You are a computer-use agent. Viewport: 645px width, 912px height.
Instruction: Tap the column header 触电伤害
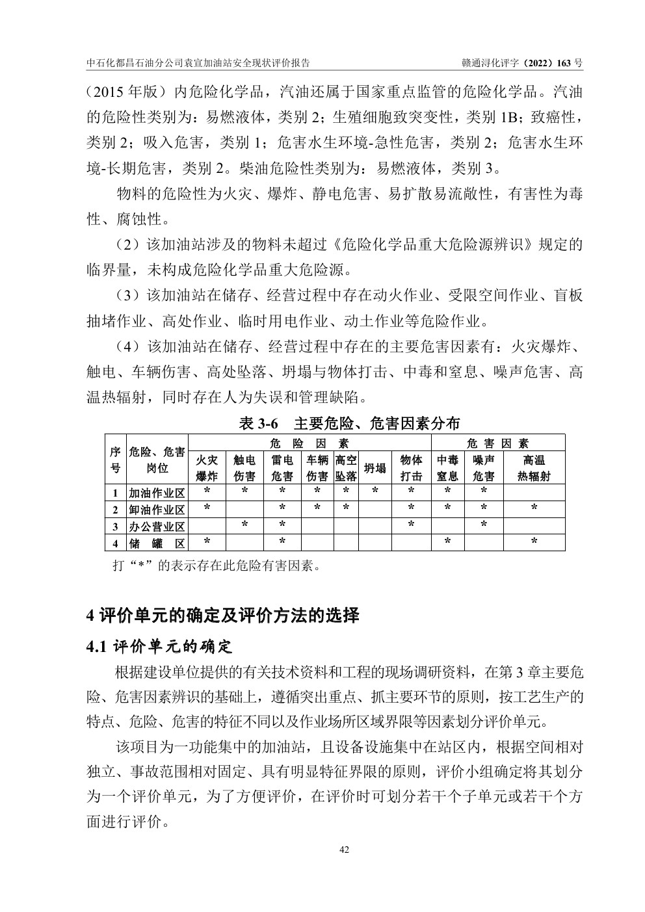tap(244, 468)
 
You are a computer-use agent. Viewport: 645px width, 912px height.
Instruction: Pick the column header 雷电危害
tap(282, 468)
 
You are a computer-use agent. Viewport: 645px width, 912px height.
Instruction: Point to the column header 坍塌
tap(375, 468)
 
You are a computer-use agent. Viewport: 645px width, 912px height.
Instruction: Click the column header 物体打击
tap(411, 468)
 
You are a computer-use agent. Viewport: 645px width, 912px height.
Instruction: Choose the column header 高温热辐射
tap(534, 468)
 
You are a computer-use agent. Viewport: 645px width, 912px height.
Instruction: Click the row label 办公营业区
tap(157, 526)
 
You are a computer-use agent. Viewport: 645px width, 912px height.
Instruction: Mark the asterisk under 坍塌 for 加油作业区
tap(375, 491)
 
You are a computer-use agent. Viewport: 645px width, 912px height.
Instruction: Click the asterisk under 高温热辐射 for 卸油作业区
tap(534, 507)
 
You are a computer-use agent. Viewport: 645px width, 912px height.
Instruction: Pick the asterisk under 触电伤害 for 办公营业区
tap(244, 524)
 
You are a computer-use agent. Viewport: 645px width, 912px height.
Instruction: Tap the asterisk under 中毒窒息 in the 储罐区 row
tap(447, 541)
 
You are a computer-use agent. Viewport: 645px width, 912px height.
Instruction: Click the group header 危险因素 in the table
tap(309, 443)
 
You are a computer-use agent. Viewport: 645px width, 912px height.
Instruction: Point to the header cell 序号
tap(115, 460)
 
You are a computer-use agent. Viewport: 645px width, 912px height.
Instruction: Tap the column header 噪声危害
tap(484, 468)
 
